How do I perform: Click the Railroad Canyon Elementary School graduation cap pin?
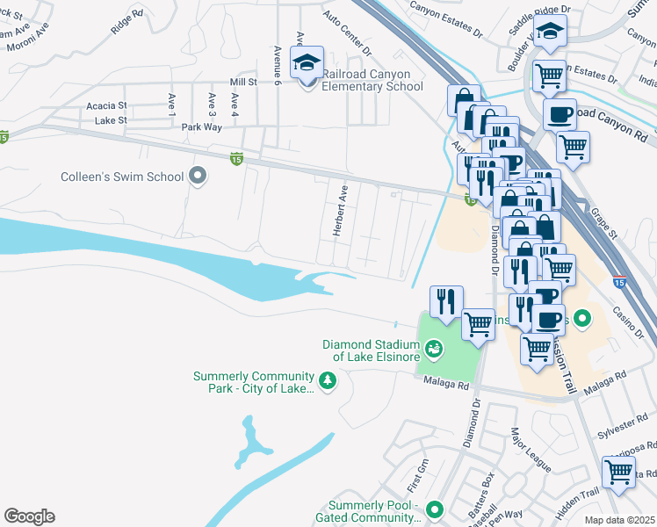pyautogui.click(x=307, y=64)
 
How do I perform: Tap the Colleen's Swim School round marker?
pyautogui.click(x=198, y=177)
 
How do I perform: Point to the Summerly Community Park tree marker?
pyautogui.click(x=328, y=381)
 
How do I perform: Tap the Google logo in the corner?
pyautogui.click(x=29, y=516)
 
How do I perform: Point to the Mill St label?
pyautogui.click(x=242, y=82)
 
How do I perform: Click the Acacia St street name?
pyautogui.click(x=106, y=105)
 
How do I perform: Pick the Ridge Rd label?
pyautogui.click(x=126, y=23)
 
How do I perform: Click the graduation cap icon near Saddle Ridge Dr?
pyautogui.click(x=552, y=33)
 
